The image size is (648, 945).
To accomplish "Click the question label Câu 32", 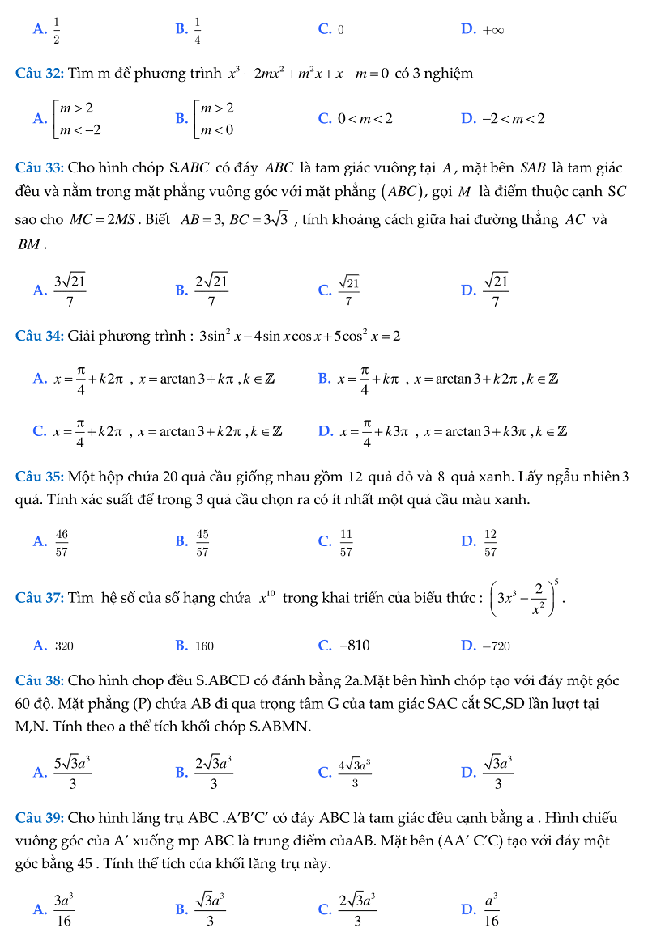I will click(x=40, y=74).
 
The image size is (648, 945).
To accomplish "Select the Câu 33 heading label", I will click(x=40, y=168).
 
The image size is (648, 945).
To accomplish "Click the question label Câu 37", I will click(x=40, y=599).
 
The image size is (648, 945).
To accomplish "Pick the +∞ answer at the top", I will click(x=493, y=30).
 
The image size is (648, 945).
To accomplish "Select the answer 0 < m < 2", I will click(x=367, y=119).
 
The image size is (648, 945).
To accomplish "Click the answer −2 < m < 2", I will click(x=514, y=119).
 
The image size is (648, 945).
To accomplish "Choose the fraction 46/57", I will click(x=62, y=542).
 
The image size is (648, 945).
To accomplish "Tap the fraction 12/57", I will click(x=490, y=542).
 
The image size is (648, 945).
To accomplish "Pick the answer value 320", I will click(x=65, y=646).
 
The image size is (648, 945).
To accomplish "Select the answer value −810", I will click(x=354, y=646).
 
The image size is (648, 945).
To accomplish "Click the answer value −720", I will click(x=497, y=646).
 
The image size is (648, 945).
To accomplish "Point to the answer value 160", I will click(x=205, y=646).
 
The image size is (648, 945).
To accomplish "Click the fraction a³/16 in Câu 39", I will click(x=491, y=909).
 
